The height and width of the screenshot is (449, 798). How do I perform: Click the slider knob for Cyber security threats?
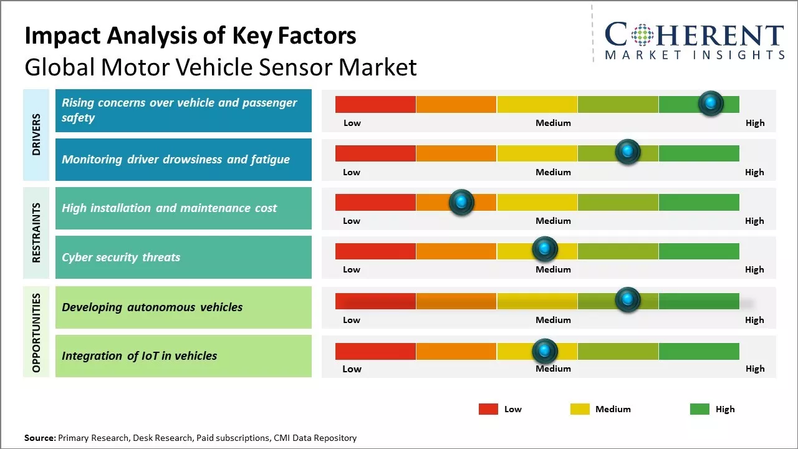(x=545, y=249)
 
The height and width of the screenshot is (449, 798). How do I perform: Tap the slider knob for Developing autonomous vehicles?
(x=628, y=300)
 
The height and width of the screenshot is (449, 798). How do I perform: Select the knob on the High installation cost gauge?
(x=461, y=202)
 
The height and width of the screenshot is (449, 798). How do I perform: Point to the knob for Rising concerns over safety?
(x=711, y=104)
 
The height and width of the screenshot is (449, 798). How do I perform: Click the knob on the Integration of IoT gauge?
(x=545, y=352)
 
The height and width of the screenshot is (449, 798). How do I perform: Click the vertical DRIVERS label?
(x=36, y=135)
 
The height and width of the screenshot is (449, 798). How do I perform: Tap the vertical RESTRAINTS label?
(x=36, y=233)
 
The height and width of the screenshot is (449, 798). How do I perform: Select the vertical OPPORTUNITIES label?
(x=36, y=332)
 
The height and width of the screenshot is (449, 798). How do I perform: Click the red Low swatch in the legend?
(x=488, y=409)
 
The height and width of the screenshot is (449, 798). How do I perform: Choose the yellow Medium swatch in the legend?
(x=580, y=409)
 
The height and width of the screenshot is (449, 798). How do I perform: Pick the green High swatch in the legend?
(x=699, y=409)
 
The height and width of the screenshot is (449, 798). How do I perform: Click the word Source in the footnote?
(x=40, y=438)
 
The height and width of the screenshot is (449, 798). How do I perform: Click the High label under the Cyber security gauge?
(x=754, y=269)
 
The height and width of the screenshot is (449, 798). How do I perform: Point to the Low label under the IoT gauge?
(x=352, y=369)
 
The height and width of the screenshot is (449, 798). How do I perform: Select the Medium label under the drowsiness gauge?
(x=553, y=172)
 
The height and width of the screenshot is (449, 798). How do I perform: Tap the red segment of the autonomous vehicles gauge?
(x=375, y=301)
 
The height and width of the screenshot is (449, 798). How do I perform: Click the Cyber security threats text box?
(x=183, y=257)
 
